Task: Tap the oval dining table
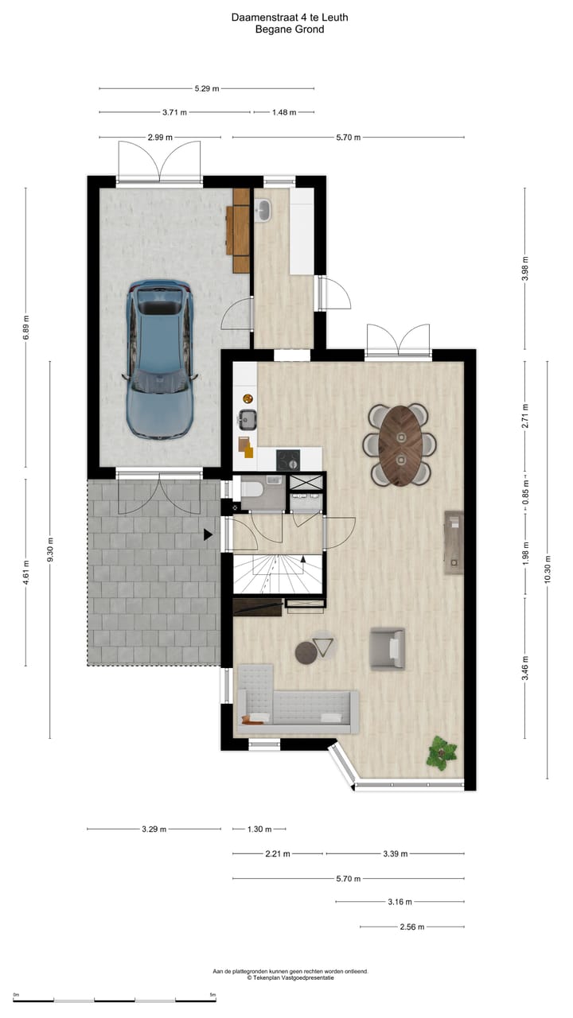401,445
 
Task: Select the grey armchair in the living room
388,648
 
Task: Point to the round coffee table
307,652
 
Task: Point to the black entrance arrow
208,534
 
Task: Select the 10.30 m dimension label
547,569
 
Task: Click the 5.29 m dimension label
207,88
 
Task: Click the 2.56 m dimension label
411,927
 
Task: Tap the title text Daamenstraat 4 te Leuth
289,17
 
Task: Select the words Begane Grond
289,29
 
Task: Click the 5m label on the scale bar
212,995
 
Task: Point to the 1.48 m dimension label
283,113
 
